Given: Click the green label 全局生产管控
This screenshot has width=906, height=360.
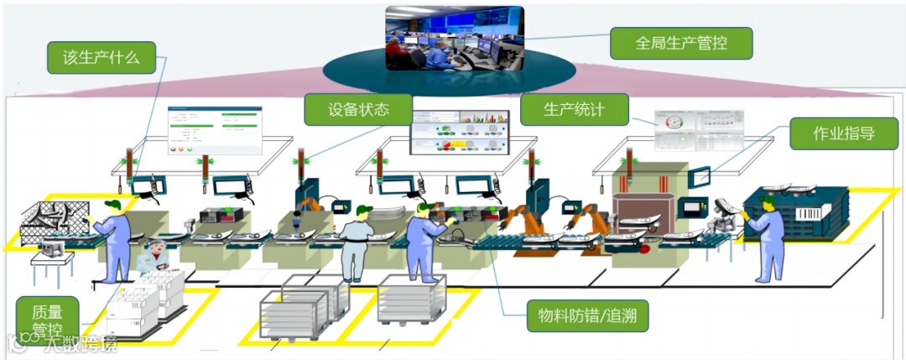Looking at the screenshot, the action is [x=680, y=43].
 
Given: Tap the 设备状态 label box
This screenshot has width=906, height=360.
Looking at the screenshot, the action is [x=358, y=109].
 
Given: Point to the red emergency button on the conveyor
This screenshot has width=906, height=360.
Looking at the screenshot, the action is [x=644, y=248].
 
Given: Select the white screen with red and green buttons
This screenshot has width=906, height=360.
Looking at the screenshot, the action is [x=213, y=131].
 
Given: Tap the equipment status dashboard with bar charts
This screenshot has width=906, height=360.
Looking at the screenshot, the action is [x=461, y=132].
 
